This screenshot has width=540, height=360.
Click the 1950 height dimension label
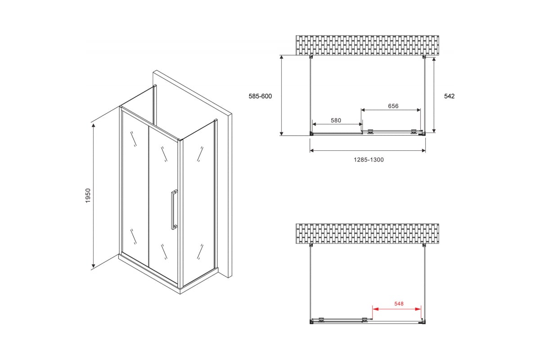[88, 196]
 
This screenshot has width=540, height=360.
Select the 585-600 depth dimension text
[260, 96]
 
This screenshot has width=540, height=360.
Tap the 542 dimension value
[450, 96]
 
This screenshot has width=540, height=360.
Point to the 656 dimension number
[393, 106]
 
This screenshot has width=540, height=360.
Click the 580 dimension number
[336, 120]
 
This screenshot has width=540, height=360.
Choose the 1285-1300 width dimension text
[369, 160]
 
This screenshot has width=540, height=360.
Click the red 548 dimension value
[399, 304]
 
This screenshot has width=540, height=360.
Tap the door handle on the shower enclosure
[174, 210]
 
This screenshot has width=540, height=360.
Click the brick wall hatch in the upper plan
[367, 45]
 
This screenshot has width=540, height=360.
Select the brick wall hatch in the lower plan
[367, 234]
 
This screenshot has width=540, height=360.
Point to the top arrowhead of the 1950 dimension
[93, 125]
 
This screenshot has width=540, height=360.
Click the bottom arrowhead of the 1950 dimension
[93, 265]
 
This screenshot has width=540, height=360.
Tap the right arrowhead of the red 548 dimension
[418, 309]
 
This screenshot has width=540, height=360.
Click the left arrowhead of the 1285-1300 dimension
[312, 151]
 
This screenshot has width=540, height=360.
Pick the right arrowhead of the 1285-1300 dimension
[423, 151]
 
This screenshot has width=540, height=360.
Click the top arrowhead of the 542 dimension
[434, 60]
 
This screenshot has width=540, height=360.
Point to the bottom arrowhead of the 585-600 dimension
[281, 133]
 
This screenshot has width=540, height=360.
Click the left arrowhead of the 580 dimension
[315, 124]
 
